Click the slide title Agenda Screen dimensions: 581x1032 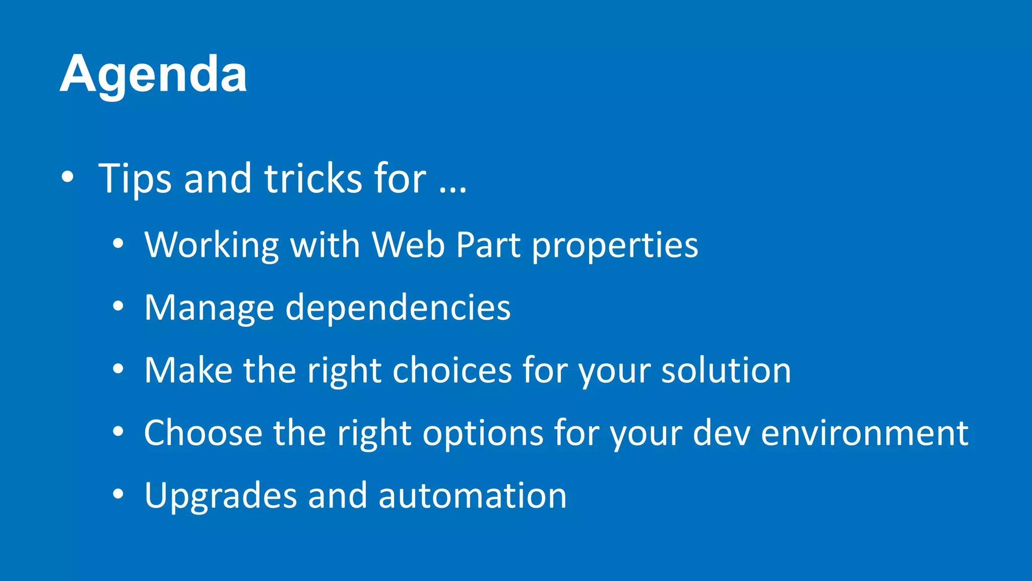153,75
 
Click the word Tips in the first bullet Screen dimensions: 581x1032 135,179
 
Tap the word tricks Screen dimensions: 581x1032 313,179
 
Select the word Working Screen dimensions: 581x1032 211,246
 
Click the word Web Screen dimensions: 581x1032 408,245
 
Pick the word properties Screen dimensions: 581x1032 615,246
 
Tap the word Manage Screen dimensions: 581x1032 209,308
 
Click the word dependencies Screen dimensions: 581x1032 398,307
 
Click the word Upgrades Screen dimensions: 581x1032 221,496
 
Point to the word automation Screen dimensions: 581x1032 472,495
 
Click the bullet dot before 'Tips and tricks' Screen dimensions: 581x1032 67,177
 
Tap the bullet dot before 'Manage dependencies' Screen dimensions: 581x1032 118,306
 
